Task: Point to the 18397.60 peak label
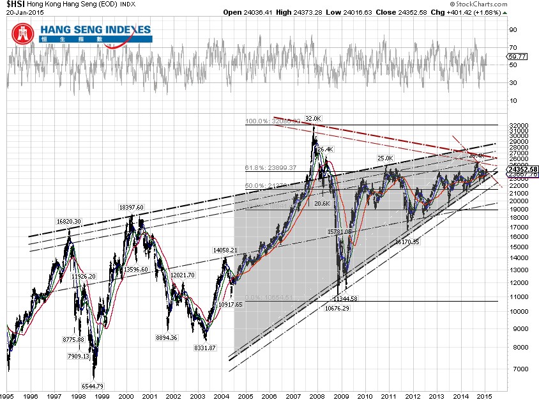tap(132, 207)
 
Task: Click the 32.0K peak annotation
tap(313, 118)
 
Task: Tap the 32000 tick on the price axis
tap(518, 126)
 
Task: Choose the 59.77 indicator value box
tap(517, 57)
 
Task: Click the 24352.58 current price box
tap(522, 169)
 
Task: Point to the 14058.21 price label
tap(224, 250)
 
